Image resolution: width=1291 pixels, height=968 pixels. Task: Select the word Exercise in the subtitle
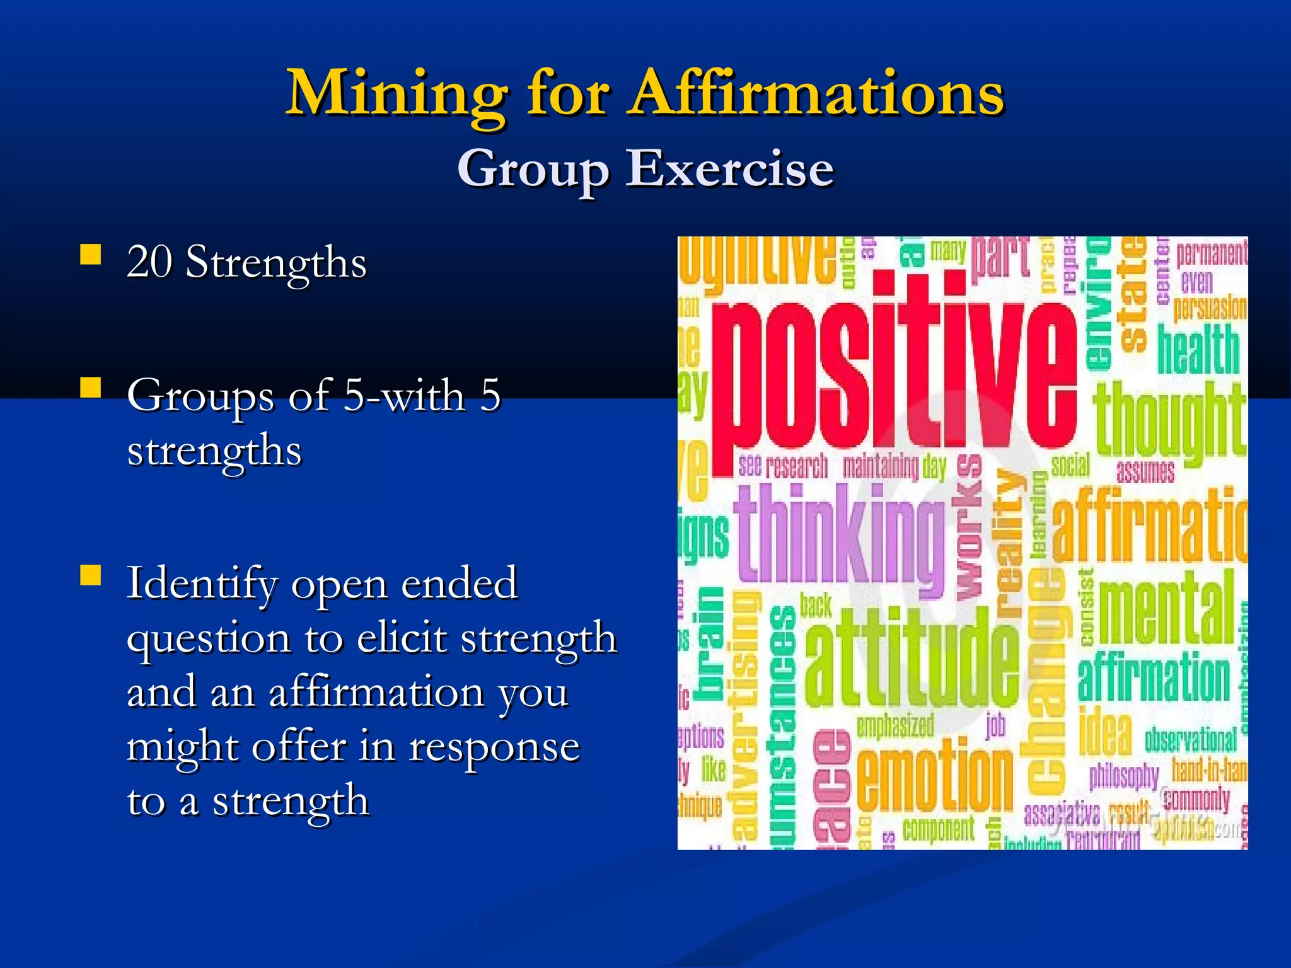[x=729, y=169]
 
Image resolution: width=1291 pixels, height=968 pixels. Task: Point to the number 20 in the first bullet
[x=149, y=262]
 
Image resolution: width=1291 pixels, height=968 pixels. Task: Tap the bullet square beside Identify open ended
[x=91, y=575]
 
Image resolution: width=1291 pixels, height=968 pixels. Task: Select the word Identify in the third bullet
[x=202, y=584]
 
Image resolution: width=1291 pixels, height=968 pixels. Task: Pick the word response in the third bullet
[x=494, y=747]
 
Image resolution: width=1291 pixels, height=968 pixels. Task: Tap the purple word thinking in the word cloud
[x=838, y=534]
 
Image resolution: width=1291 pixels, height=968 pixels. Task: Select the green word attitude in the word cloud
[x=911, y=659]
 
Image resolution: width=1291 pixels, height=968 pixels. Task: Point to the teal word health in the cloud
[x=1198, y=349]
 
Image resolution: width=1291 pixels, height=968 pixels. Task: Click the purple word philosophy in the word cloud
[x=1123, y=776]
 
